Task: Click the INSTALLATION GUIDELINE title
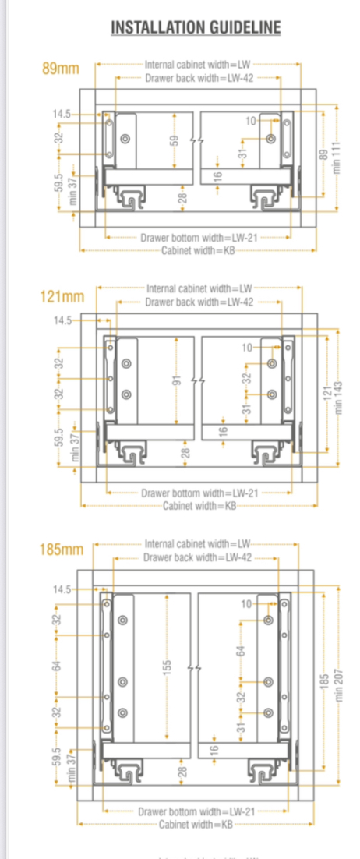click(x=196, y=28)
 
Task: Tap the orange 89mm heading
click(x=60, y=69)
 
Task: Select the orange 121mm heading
click(x=62, y=297)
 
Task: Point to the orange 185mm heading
click(x=61, y=550)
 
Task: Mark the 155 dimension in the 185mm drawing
click(x=167, y=669)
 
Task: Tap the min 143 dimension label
click(x=337, y=398)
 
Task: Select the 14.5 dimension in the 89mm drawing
click(x=62, y=114)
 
